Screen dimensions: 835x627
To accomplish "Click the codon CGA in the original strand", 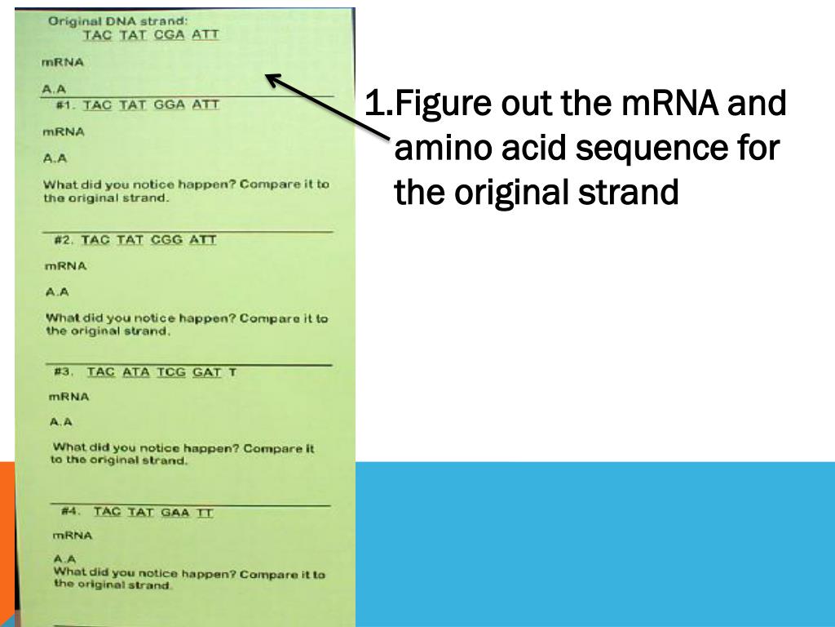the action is pos(169,35).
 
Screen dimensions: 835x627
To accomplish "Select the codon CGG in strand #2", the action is pos(166,240).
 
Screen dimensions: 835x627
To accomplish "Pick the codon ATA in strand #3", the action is pos(136,371).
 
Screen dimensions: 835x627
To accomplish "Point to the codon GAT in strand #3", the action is pos(207,371).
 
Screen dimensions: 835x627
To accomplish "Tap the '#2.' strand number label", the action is pos(64,240).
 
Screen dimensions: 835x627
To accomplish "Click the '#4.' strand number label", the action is pos(70,511).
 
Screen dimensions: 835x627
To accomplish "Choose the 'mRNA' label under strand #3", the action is pos(69,397).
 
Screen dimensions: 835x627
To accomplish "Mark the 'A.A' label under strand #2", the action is pos(58,291).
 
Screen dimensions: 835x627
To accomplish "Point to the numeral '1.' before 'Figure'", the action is pos(379,104).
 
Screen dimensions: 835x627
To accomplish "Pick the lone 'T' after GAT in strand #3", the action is pos(232,371).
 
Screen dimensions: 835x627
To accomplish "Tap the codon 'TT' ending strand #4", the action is pos(205,512).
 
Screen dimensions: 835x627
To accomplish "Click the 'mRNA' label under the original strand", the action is pos(62,62).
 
